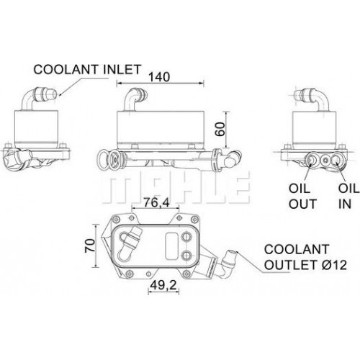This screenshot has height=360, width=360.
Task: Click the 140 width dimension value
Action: (x=159, y=77)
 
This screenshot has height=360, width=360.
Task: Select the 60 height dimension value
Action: (x=220, y=129)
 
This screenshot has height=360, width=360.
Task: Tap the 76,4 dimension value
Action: (x=156, y=202)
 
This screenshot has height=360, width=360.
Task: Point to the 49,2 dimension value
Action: (x=163, y=285)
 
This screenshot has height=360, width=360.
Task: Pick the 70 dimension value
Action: (x=90, y=246)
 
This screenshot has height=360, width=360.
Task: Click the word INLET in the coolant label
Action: (x=122, y=69)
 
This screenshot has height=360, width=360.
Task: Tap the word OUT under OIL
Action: (x=302, y=204)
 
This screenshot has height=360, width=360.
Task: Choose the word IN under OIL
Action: (x=345, y=204)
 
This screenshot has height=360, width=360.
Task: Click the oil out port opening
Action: (x=312, y=159)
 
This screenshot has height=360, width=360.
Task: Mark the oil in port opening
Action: (x=336, y=159)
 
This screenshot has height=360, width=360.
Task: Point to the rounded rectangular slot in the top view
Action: (x=172, y=246)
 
